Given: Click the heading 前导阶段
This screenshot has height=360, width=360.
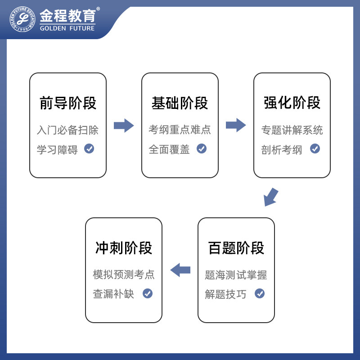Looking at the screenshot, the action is [68, 103].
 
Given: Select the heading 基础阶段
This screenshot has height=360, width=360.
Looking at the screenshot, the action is [180, 103].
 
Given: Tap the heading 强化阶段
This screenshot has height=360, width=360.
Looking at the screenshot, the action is [292, 103].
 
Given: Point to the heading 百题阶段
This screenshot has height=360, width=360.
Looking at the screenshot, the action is [236, 248].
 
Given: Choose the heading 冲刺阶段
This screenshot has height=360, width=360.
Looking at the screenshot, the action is [124, 248].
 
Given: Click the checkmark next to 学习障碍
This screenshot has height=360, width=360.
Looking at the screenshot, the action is [89, 148].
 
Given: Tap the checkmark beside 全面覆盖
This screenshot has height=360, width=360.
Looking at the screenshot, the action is [201, 148].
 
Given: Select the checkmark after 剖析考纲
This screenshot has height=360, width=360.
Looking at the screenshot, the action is [315, 148].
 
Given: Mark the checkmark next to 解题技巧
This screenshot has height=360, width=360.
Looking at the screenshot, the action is [260, 293].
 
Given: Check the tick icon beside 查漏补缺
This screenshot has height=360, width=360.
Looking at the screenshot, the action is [147, 293].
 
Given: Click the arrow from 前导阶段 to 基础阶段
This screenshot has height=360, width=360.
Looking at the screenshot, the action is [124, 126].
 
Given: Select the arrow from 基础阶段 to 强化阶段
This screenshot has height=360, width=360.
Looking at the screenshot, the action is [236, 126].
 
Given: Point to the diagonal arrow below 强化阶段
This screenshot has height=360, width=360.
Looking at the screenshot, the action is [271, 197].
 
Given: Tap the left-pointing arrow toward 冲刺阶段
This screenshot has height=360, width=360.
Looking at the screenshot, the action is [180, 270].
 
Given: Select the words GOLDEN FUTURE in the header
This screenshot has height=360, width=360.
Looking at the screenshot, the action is [67, 28].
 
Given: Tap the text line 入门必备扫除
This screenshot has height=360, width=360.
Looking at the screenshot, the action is [67, 130].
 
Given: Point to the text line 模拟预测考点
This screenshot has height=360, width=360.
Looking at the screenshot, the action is [124, 274].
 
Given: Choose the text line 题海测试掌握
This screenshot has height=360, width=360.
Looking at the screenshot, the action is [236, 274].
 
